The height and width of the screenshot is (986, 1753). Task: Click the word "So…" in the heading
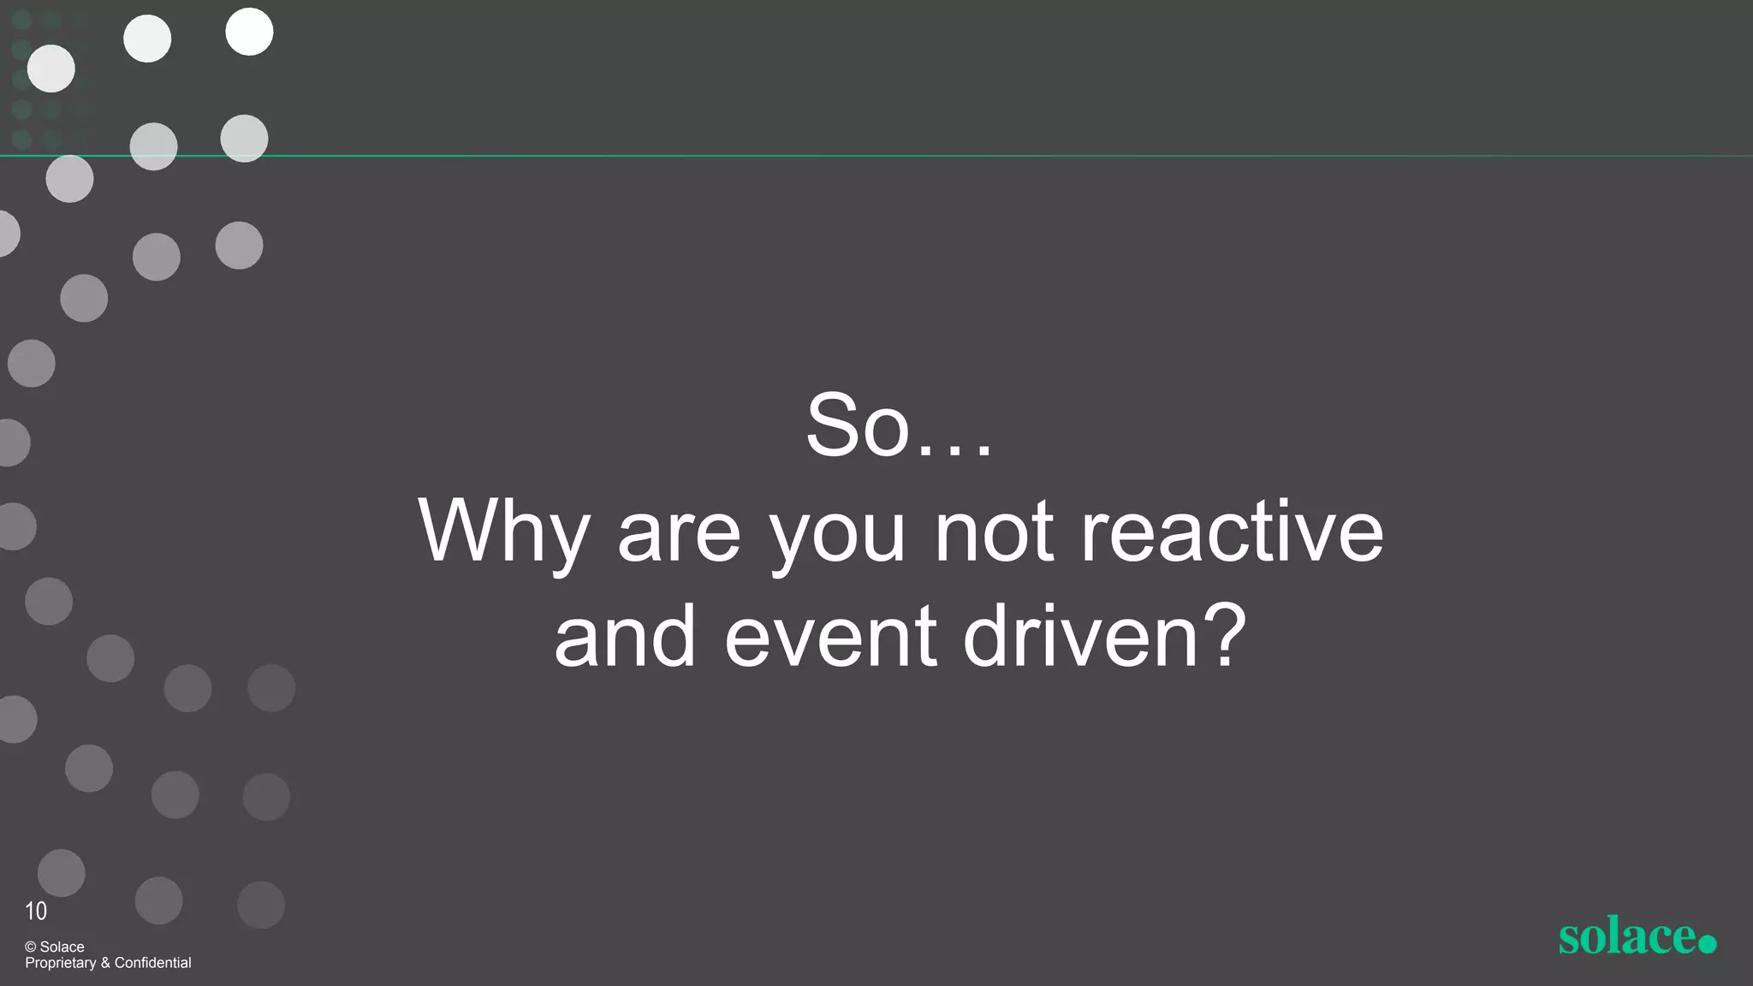click(x=899, y=425)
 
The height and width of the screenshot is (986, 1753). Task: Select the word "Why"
click(x=503, y=532)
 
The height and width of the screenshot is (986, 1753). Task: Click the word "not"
click(x=994, y=532)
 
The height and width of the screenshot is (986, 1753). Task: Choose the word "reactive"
click(x=1232, y=532)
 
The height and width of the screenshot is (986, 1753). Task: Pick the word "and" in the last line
click(x=625, y=637)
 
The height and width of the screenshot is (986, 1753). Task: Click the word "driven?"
click(x=1105, y=637)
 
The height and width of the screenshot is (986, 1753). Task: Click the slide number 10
click(x=36, y=911)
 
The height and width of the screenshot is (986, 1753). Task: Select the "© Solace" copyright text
click(x=55, y=947)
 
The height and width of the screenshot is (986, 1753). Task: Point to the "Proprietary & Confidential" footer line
click(x=108, y=963)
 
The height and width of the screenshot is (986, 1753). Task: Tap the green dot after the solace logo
click(x=1707, y=943)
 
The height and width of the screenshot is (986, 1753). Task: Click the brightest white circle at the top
click(x=249, y=32)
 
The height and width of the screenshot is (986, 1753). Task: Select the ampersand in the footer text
click(x=105, y=963)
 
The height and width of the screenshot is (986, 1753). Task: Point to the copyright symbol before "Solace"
click(x=31, y=947)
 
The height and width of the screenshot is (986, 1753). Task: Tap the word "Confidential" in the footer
click(x=152, y=963)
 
